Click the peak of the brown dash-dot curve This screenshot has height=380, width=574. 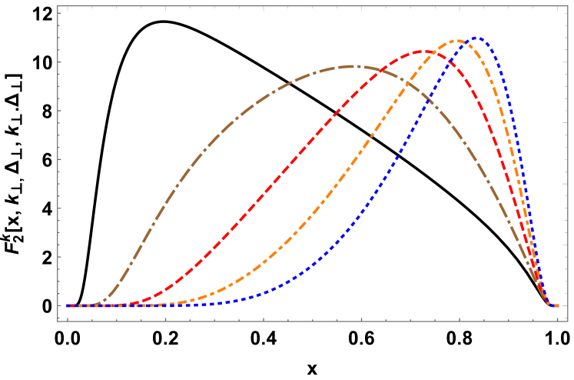pyautogui.click(x=352, y=66)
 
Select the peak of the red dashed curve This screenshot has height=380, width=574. pyautogui.click(x=423, y=52)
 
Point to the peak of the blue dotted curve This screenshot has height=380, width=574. pyautogui.click(x=477, y=37)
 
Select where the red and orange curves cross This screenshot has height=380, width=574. pyautogui.click(x=440, y=56)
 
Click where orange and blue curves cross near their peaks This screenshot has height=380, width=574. pyautogui.click(x=468, y=44)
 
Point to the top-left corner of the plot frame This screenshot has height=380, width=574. pyautogui.click(x=58, y=6)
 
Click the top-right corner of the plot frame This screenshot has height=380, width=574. pyautogui.click(x=568, y=6)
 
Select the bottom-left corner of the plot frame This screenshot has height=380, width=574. pyautogui.click(x=58, y=321)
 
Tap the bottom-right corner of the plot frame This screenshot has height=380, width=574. pyautogui.click(x=568, y=321)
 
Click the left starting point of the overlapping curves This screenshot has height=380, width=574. pyautogui.click(x=68, y=305)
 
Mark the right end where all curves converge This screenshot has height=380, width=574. pyautogui.click(x=556, y=305)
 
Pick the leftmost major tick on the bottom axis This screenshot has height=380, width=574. pyautogui.click(x=68, y=318)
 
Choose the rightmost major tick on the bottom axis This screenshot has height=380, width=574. pyautogui.click(x=557, y=318)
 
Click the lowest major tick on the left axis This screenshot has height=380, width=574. pyautogui.click(x=60, y=305)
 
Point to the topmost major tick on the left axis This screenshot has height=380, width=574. pyautogui.click(x=60, y=13)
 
